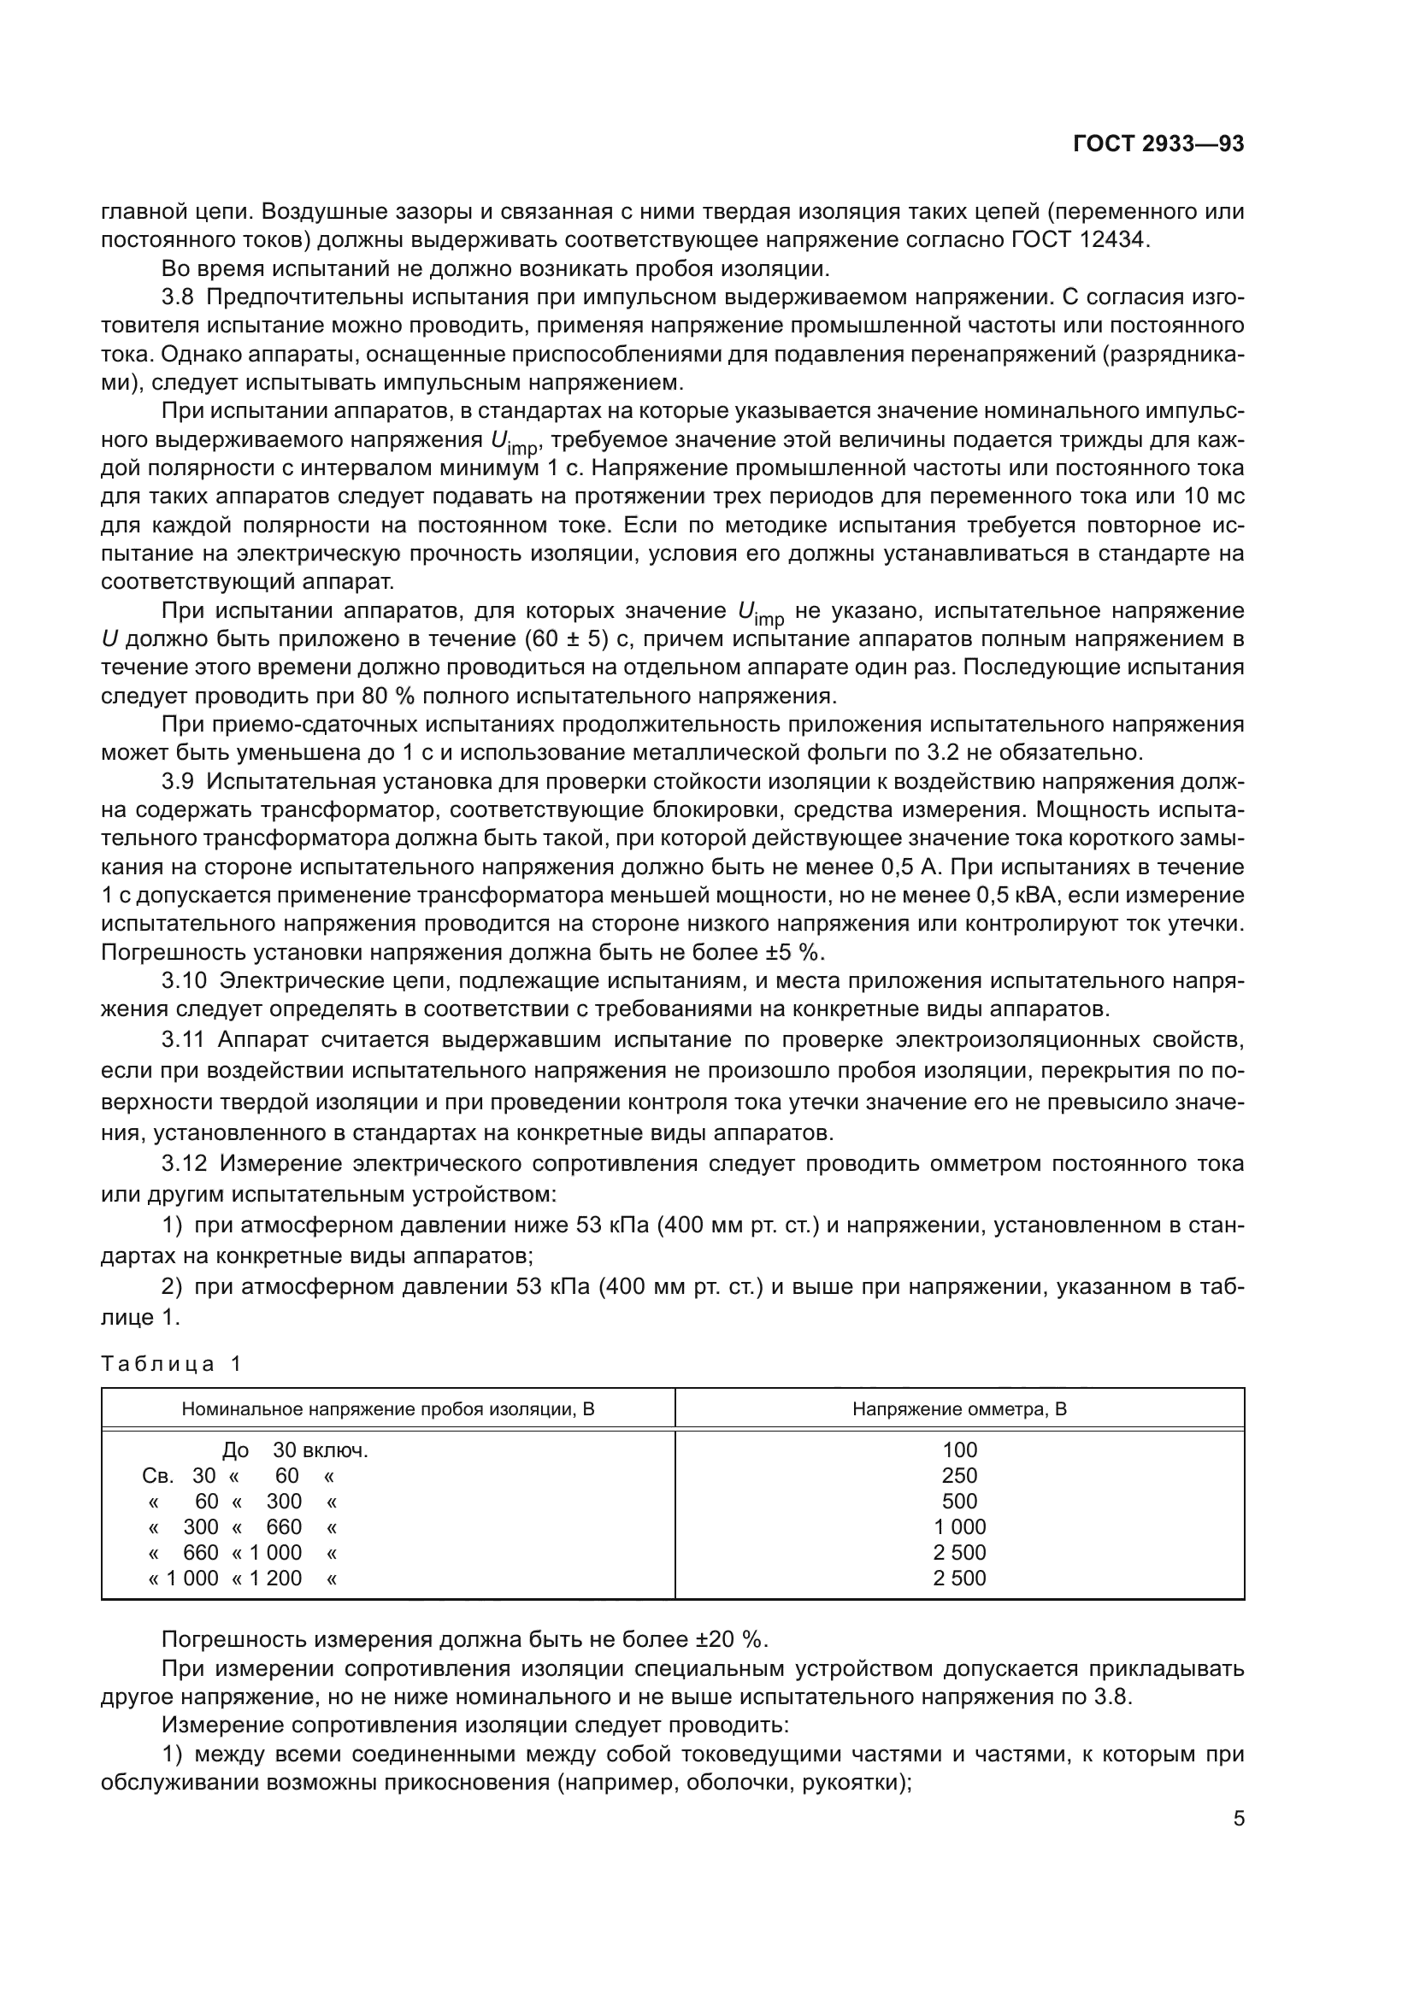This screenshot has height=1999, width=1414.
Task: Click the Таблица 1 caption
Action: pos(171,1363)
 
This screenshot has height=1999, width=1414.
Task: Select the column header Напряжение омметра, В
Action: pos(958,1408)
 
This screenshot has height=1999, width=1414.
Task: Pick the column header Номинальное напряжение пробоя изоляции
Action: pos(387,1408)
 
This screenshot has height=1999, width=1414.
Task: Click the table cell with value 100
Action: pos(959,1449)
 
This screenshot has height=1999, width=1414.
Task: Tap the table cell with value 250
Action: pos(959,1475)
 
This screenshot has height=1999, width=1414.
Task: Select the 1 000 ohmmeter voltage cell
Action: pos(959,1526)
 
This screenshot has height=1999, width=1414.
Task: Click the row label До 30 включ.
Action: pos(294,1449)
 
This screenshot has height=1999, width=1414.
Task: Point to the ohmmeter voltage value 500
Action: pos(959,1501)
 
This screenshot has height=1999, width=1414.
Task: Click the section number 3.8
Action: pos(180,297)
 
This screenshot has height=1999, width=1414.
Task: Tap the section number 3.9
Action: pos(180,782)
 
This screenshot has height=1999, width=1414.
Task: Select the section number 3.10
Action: pos(185,980)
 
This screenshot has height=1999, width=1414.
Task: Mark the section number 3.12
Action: pos(185,1163)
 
